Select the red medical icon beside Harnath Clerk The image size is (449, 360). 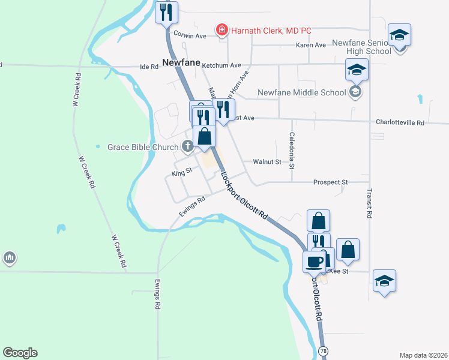[x=221, y=29]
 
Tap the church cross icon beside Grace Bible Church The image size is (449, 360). [x=187, y=146]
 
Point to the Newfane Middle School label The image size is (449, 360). [x=302, y=92]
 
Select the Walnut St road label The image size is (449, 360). [x=267, y=162]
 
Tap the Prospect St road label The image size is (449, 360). [x=331, y=182]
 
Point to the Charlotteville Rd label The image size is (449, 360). [x=400, y=122]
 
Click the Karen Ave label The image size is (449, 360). [x=311, y=45]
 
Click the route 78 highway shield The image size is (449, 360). [x=324, y=350]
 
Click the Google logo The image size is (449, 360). [x=20, y=353]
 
